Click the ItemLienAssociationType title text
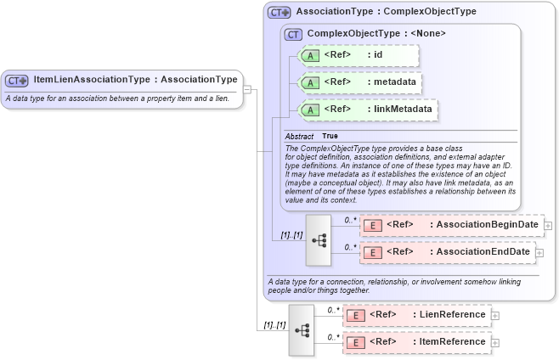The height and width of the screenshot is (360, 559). (x=135, y=80)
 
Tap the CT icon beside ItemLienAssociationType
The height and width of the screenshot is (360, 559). (x=17, y=81)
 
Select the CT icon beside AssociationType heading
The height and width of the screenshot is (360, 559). (x=279, y=13)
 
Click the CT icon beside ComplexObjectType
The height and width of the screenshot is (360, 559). (x=294, y=34)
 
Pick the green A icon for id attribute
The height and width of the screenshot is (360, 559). (x=310, y=55)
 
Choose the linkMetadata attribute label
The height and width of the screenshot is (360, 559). (x=404, y=110)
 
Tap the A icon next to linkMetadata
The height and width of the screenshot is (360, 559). (x=310, y=110)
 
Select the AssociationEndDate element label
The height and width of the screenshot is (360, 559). (x=480, y=252)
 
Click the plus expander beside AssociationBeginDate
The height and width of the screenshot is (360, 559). (x=549, y=226)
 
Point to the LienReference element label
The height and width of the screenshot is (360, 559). (x=452, y=315)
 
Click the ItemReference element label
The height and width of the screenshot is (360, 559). (x=452, y=342)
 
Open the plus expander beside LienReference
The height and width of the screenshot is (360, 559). (x=495, y=316)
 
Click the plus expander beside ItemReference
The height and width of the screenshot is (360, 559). (x=495, y=343)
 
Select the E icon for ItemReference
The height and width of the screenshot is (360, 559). (x=358, y=342)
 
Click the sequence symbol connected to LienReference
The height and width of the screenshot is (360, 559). (x=301, y=329)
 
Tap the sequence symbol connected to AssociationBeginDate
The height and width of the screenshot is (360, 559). (x=318, y=239)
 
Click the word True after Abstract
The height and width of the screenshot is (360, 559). (x=330, y=136)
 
